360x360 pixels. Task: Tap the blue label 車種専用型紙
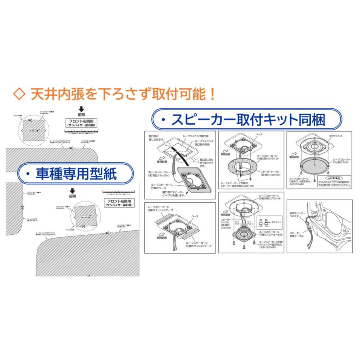click(x=76, y=174)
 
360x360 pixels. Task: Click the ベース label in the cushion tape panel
click(x=194, y=216)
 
